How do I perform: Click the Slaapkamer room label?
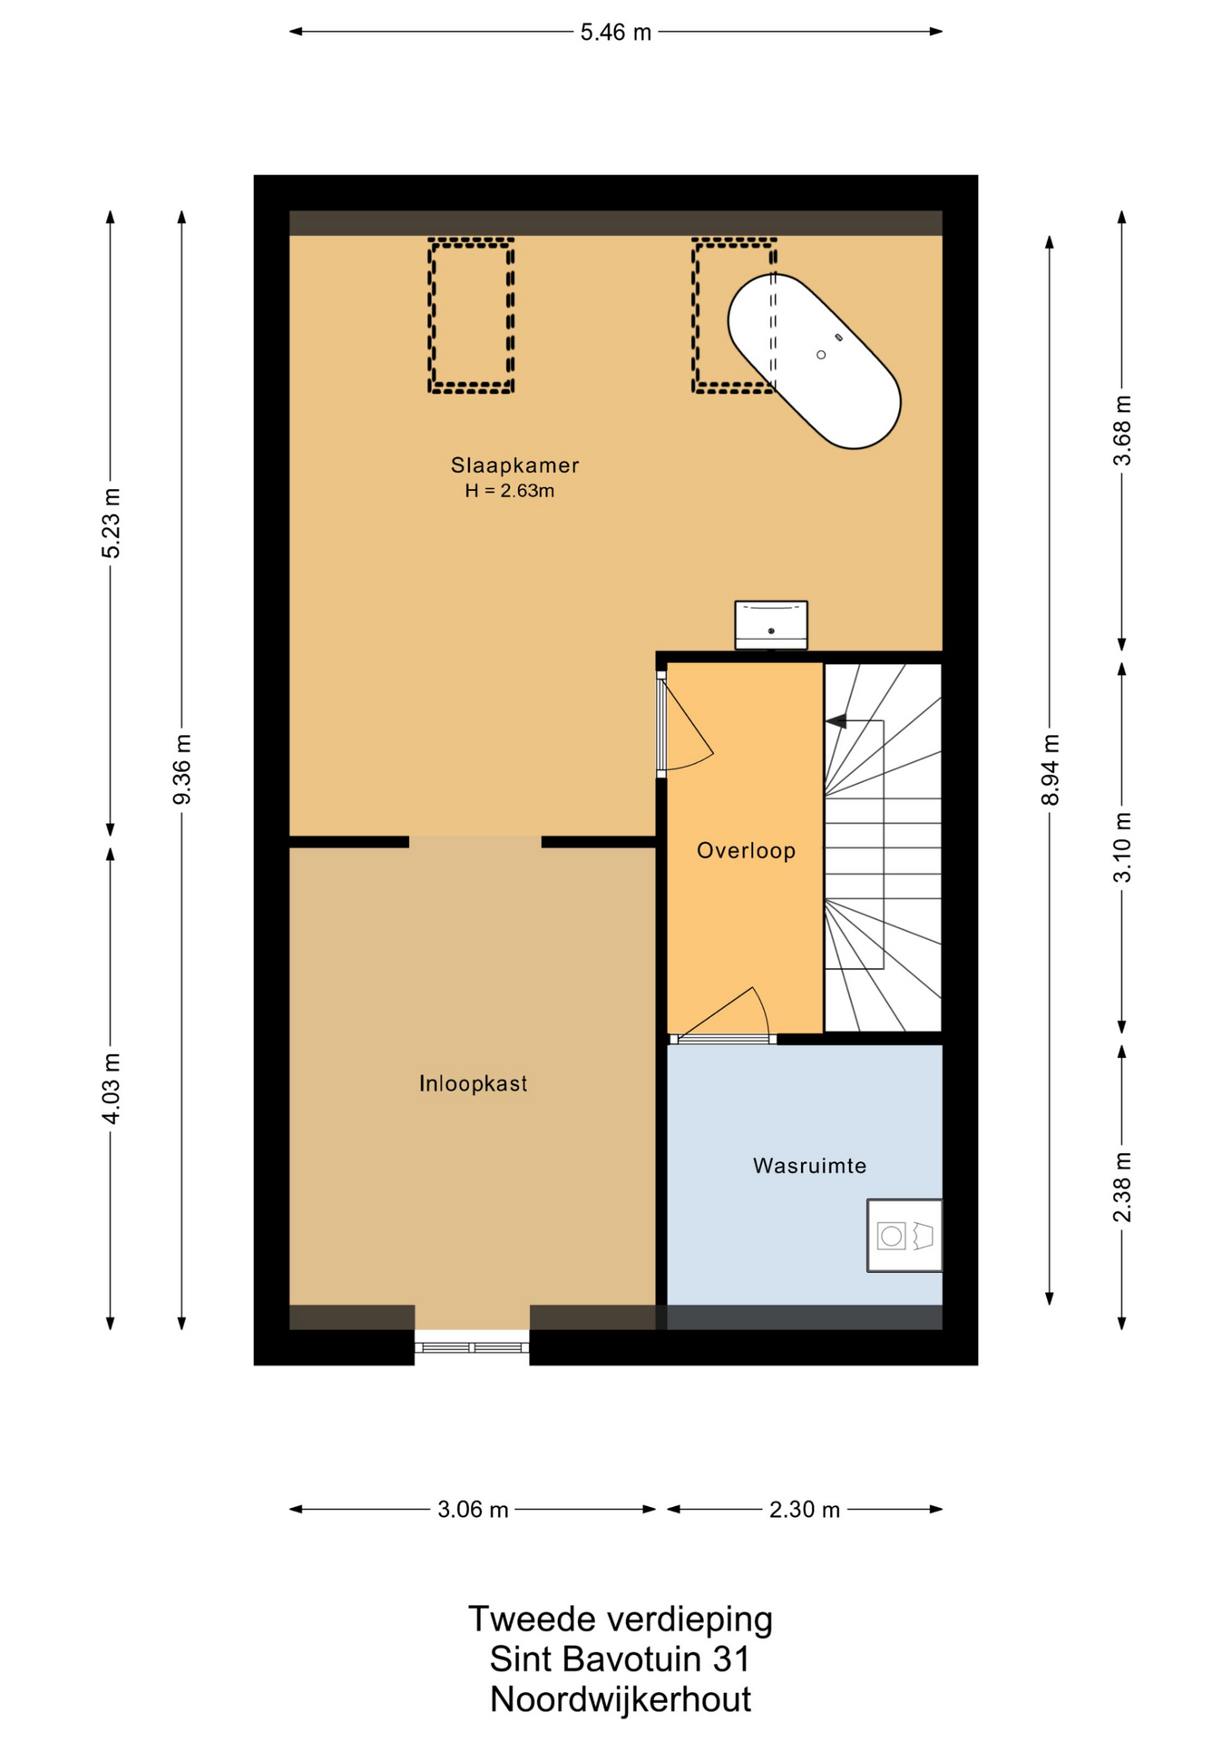(x=514, y=465)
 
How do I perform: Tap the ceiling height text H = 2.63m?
(x=510, y=491)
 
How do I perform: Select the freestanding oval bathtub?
(x=814, y=361)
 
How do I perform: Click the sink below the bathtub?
(x=770, y=625)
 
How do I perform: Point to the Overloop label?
(x=746, y=850)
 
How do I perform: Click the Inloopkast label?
(x=473, y=1083)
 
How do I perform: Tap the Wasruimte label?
(x=809, y=1166)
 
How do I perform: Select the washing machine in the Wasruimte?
(x=904, y=1235)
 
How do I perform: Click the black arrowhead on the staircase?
(x=836, y=721)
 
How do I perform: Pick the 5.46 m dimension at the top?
(x=616, y=33)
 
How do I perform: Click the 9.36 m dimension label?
(x=182, y=769)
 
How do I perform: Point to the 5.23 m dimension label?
(x=111, y=524)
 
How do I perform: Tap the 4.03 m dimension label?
(x=111, y=1089)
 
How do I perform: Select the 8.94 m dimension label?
(x=1051, y=769)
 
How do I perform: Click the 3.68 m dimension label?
(x=1122, y=431)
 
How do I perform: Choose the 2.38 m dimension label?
(x=1122, y=1187)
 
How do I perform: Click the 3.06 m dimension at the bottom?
(x=473, y=1510)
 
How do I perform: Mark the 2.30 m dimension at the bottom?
(x=805, y=1510)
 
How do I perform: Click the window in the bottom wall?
(x=472, y=1347)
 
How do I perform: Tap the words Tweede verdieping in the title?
(x=621, y=1619)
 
